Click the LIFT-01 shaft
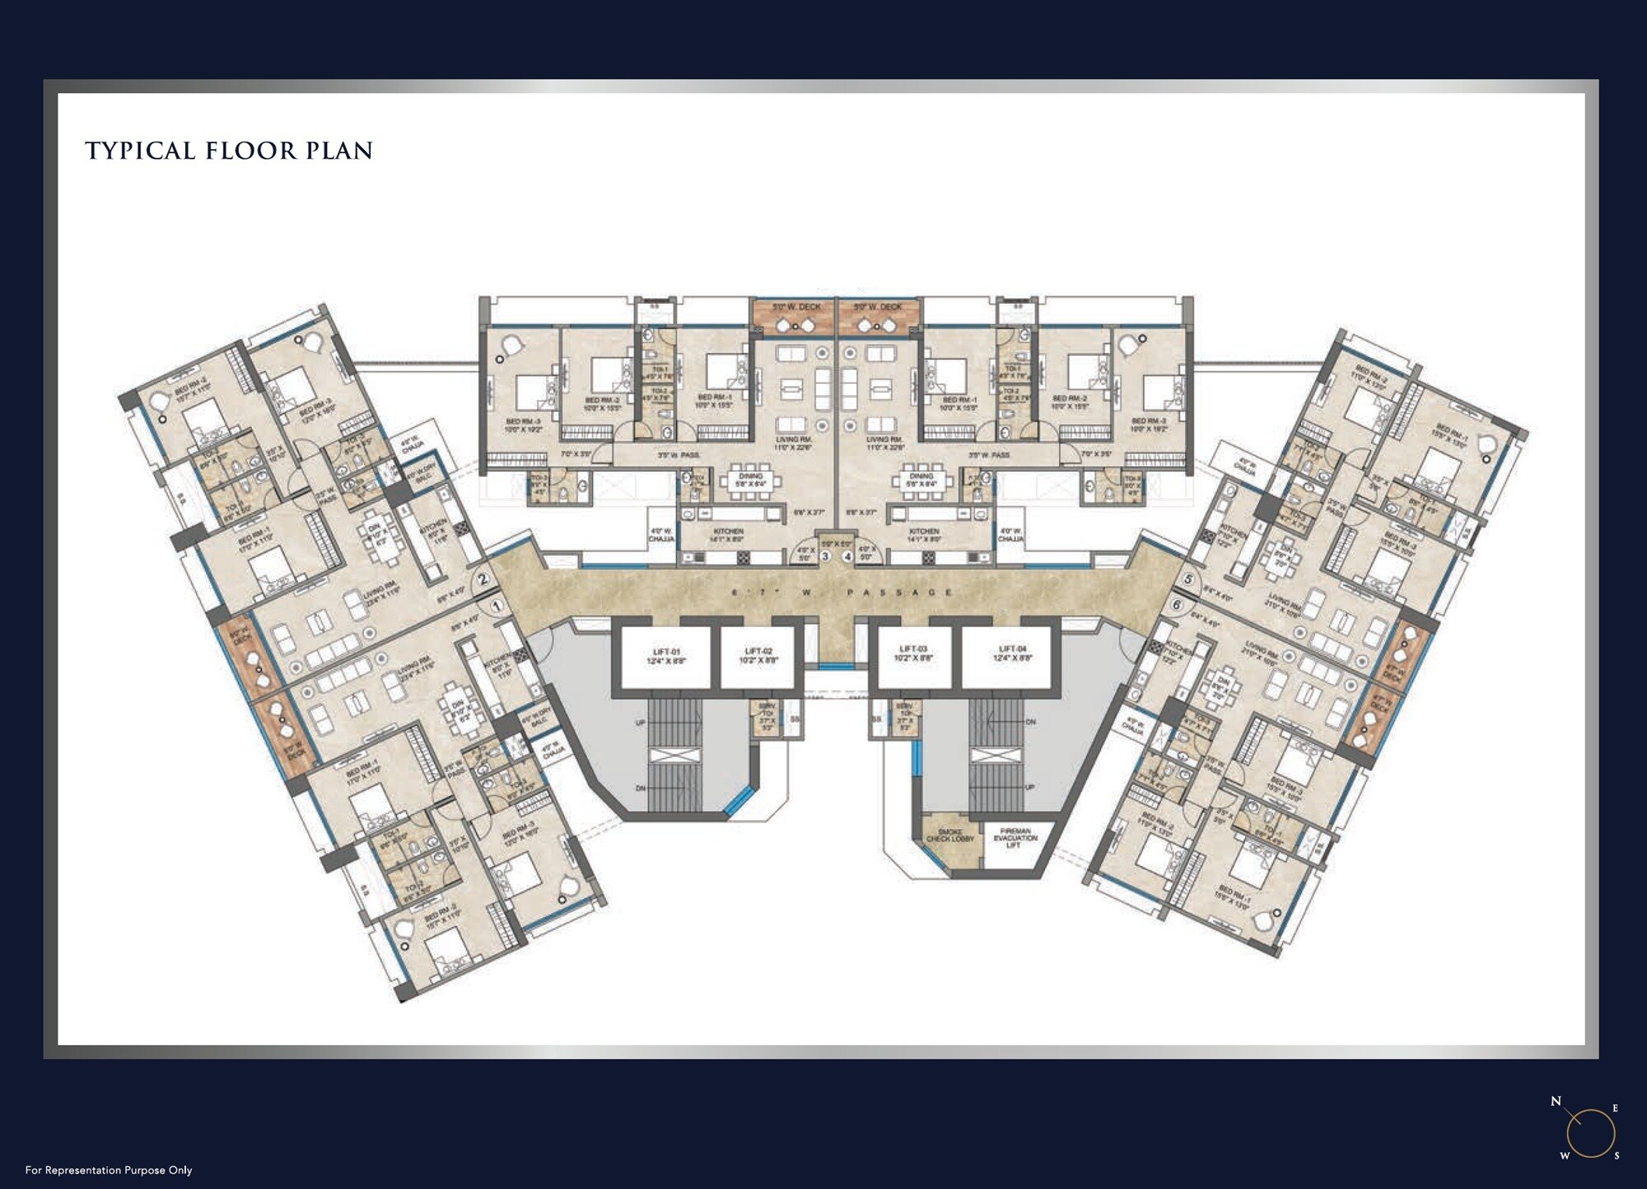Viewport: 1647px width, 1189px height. [665, 656]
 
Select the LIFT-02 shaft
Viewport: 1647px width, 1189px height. [758, 656]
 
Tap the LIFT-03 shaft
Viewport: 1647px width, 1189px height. [913, 656]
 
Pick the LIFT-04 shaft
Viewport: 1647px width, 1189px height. [1006, 656]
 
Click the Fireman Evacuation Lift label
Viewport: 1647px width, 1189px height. [1014, 838]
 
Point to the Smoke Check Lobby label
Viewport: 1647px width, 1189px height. [949, 837]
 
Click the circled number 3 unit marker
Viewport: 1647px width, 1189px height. [825, 557]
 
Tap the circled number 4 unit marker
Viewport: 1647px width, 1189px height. [847, 557]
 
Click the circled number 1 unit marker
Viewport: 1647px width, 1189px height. [496, 606]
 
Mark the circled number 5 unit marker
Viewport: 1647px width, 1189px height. [1187, 580]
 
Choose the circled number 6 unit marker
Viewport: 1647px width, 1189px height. [1176, 605]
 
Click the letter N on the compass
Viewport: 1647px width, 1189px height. [1556, 1102]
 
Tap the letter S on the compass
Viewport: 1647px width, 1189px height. [1617, 1156]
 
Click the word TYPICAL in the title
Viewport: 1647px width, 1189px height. [141, 151]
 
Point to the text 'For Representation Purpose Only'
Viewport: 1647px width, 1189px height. [109, 1170]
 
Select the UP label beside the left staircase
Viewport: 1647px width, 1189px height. [641, 722]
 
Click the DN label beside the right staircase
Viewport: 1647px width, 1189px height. [1029, 722]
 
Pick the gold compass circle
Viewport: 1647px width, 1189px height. [1590, 1133]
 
